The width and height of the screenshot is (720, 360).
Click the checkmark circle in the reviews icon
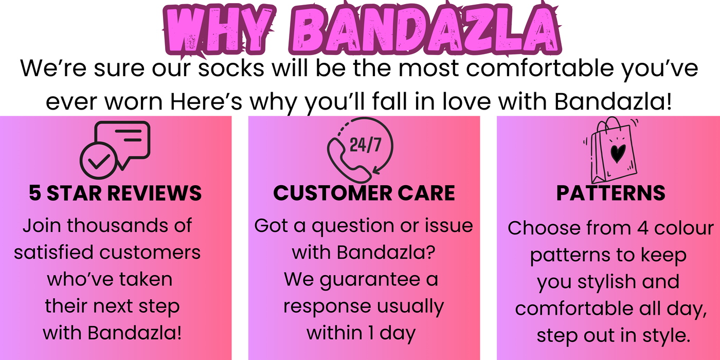point(99,160)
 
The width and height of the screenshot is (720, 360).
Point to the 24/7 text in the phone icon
point(365,145)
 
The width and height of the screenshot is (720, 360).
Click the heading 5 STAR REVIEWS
point(115,193)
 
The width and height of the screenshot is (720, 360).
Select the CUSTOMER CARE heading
point(364,193)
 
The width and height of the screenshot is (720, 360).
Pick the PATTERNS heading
point(611,193)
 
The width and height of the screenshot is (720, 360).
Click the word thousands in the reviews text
point(118,225)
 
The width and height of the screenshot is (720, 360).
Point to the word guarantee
point(370,280)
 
